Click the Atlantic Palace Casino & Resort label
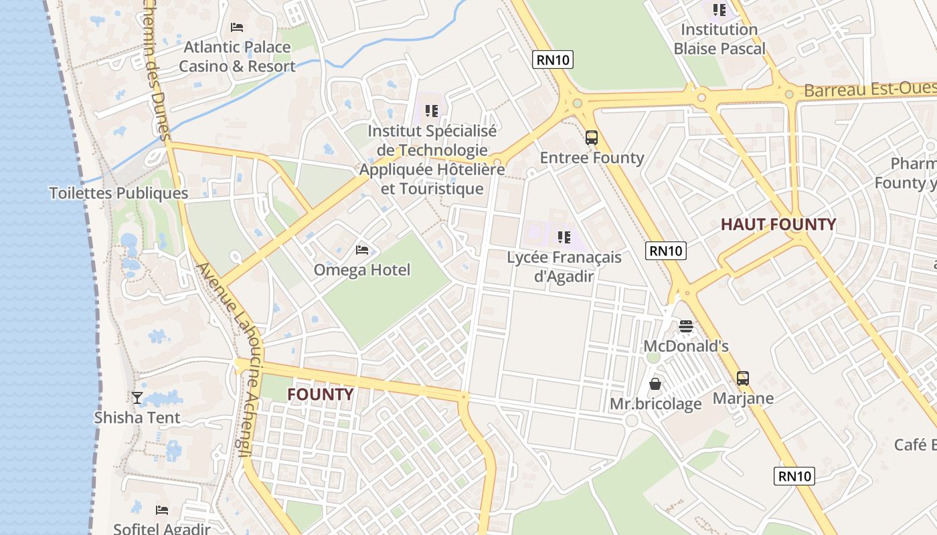237,57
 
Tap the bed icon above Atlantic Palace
237,27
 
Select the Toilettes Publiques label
118,193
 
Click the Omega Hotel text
362,270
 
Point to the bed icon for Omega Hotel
362,250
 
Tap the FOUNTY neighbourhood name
320,395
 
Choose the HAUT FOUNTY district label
778,225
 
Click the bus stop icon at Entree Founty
592,138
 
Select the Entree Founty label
592,158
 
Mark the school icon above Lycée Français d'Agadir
564,237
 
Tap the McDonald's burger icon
685,326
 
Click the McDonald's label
685,346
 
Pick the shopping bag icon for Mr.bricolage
655,384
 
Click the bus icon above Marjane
743,379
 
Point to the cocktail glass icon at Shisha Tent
137,398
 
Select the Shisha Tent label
137,418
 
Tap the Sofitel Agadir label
162,529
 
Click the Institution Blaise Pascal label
719,39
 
